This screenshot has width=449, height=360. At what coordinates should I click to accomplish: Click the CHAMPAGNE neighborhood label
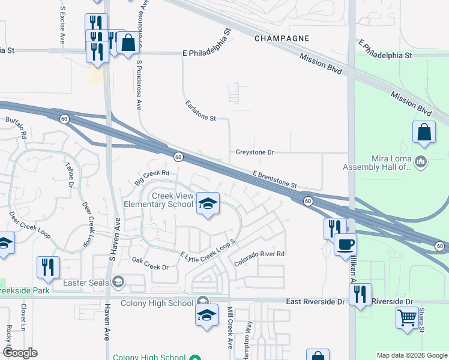point(282,38)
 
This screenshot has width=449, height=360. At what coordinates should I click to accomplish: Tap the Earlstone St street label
point(200,111)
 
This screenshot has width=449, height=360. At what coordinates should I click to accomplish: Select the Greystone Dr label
point(255,152)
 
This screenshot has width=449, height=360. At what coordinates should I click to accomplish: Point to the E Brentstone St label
point(275,179)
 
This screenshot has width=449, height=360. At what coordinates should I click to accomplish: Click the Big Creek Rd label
point(152,176)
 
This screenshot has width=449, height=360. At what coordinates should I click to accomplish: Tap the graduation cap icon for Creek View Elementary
point(208,205)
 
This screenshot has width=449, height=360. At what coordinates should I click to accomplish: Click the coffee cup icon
point(345,244)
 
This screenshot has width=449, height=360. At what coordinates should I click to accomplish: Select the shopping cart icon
point(407,316)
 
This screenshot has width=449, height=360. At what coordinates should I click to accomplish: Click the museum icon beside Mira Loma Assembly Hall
point(420,161)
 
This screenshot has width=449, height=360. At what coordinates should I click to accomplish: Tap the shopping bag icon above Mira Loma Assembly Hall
point(424,132)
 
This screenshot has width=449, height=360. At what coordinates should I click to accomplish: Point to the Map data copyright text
point(411,355)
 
